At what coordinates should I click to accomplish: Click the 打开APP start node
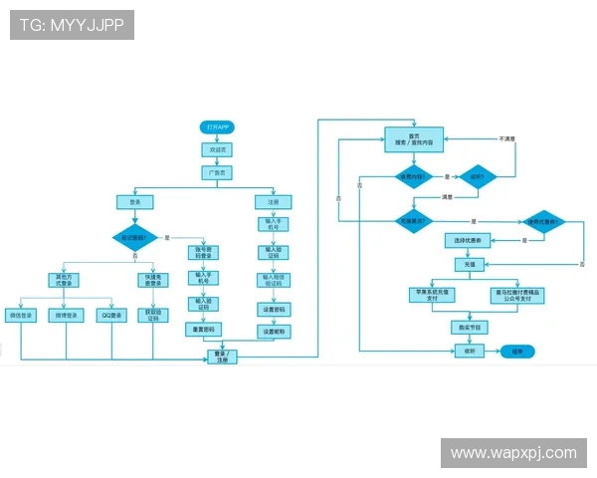pyautogui.click(x=217, y=127)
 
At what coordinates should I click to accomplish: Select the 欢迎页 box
pyautogui.click(x=217, y=149)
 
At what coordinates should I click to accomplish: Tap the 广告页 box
pyautogui.click(x=217, y=172)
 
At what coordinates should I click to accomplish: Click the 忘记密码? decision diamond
pyautogui.click(x=134, y=238)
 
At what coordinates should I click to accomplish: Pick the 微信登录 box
pyautogui.click(x=21, y=316)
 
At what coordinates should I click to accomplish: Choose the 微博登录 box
pyautogui.click(x=66, y=316)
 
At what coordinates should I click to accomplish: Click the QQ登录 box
pyautogui.click(x=111, y=316)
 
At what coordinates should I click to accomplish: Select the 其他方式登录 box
pyautogui.click(x=66, y=280)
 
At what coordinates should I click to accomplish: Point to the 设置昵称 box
pyautogui.click(x=275, y=331)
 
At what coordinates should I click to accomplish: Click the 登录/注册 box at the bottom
pyautogui.click(x=222, y=356)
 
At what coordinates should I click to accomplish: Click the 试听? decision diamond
pyautogui.click(x=477, y=179)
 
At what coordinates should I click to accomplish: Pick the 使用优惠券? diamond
pyautogui.click(x=542, y=221)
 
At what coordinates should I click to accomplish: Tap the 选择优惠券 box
pyautogui.click(x=469, y=240)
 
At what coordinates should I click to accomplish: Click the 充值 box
pyautogui.click(x=469, y=265)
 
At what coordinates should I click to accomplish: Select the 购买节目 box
pyautogui.click(x=469, y=327)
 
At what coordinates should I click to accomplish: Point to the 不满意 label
pyautogui.click(x=507, y=138)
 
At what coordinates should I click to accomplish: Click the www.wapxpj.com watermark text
pyautogui.click(x=513, y=453)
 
